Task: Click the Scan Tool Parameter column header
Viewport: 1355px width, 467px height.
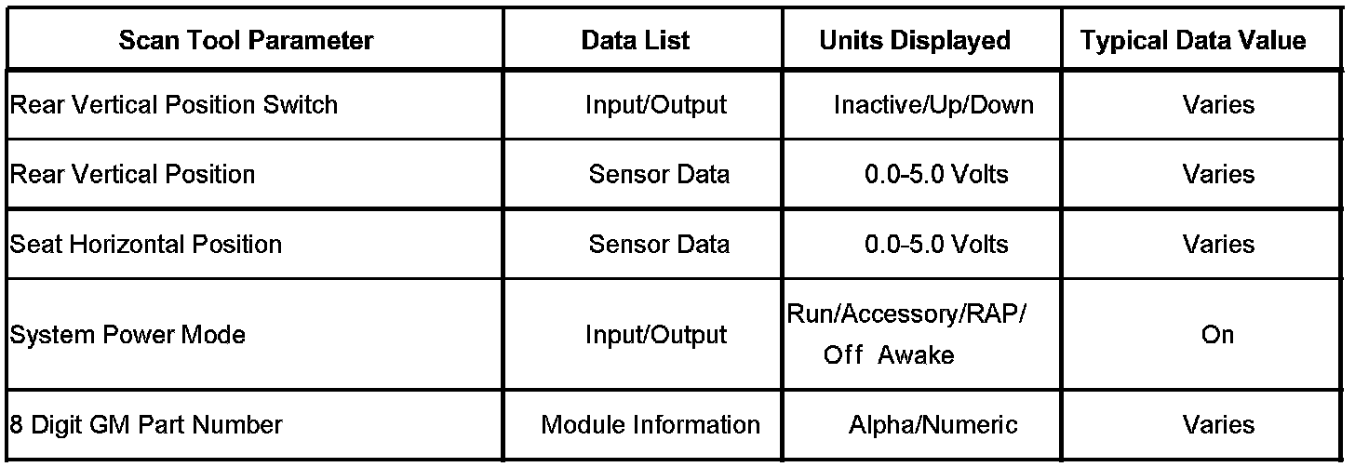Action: click(x=246, y=41)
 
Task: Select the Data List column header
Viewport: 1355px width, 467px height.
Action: click(x=636, y=41)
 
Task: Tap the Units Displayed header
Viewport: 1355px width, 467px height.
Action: click(x=914, y=41)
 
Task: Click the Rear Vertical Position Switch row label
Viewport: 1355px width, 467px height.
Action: click(x=173, y=104)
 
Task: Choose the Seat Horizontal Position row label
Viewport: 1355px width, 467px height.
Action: click(x=145, y=244)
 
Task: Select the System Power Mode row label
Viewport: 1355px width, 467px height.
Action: click(x=127, y=335)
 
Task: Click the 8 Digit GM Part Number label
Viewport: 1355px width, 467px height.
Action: click(x=145, y=425)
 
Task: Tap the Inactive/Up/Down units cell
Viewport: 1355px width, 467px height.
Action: click(x=933, y=104)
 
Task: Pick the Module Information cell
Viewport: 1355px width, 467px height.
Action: click(x=651, y=425)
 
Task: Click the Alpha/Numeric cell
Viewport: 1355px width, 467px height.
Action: click(x=933, y=425)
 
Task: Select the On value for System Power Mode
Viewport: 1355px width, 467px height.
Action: click(x=1217, y=335)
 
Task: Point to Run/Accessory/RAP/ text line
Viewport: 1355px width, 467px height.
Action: click(x=906, y=314)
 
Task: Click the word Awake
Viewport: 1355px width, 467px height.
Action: click(x=917, y=355)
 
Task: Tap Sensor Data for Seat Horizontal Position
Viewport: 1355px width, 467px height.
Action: click(x=659, y=244)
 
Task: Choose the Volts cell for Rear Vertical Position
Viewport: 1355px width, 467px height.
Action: click(x=936, y=174)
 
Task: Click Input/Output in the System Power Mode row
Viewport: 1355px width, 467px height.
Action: click(x=655, y=335)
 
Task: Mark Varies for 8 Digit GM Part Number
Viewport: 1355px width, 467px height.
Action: click(x=1218, y=425)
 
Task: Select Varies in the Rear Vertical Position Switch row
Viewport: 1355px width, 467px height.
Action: click(x=1218, y=104)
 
